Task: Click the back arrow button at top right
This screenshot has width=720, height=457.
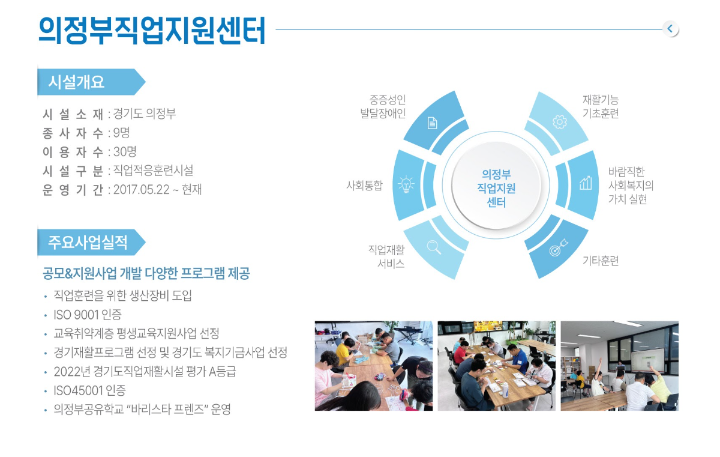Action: (x=670, y=29)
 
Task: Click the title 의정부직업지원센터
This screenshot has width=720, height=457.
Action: (x=152, y=30)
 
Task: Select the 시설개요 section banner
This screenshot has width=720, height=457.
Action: (x=92, y=82)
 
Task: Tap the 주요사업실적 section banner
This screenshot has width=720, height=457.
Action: (x=92, y=242)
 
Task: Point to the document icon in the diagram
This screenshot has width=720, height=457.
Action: (x=433, y=123)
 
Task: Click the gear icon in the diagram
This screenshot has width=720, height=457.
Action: (x=560, y=121)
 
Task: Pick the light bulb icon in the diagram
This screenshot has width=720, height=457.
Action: (x=406, y=184)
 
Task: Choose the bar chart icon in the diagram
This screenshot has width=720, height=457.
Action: (x=586, y=183)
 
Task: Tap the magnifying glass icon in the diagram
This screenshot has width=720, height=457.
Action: (x=434, y=247)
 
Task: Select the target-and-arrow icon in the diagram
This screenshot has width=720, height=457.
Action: (x=559, y=247)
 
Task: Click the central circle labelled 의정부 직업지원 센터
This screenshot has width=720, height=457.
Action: (x=496, y=185)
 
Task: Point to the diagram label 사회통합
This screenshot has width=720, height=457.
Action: (x=364, y=185)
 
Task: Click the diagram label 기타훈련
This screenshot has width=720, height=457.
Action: (x=601, y=261)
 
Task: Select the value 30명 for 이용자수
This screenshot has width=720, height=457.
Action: (x=125, y=151)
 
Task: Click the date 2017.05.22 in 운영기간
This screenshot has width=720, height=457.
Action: (x=142, y=190)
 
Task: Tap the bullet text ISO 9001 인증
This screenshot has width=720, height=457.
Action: (x=88, y=315)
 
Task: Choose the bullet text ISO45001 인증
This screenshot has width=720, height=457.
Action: (x=89, y=390)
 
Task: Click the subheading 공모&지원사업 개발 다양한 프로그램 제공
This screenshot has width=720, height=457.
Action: (x=146, y=273)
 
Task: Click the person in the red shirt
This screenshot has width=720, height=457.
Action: (x=460, y=352)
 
